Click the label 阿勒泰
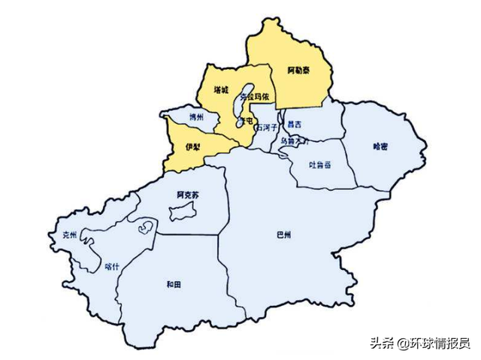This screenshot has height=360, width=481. (299, 71)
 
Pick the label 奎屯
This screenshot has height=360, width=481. (245, 120)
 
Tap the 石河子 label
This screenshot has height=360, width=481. (266, 128)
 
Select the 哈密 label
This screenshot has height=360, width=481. (380, 147)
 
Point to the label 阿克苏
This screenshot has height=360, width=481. (188, 195)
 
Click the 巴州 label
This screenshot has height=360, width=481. (283, 234)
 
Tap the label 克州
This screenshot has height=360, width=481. (68, 234)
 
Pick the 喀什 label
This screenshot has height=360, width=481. (113, 265)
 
